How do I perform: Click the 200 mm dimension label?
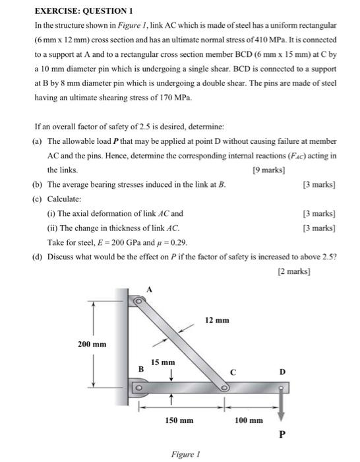point(92,345)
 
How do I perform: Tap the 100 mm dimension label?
point(249,420)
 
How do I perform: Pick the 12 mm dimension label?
point(217,320)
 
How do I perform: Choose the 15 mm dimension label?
point(163,362)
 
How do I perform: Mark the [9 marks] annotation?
point(268,170)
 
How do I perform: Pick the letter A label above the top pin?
point(149,289)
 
